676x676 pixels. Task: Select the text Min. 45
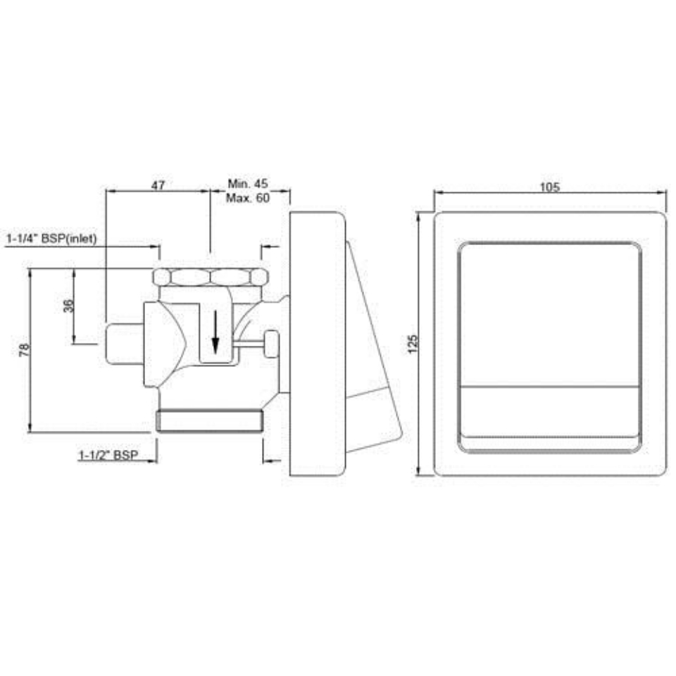pos(248,184)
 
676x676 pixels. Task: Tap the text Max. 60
pos(248,199)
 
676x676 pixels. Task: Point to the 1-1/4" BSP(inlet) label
pos(51,239)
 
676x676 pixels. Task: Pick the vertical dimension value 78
pos(23,350)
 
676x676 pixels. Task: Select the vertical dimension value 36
pos(69,306)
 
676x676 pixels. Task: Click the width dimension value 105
pos(549,187)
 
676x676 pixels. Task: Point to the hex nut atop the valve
pos(211,276)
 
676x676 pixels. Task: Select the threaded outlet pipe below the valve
pos(209,420)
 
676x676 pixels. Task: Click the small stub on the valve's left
pos(124,343)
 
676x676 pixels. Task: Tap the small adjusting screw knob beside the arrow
pos(270,344)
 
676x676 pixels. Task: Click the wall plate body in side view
pos(317,343)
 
